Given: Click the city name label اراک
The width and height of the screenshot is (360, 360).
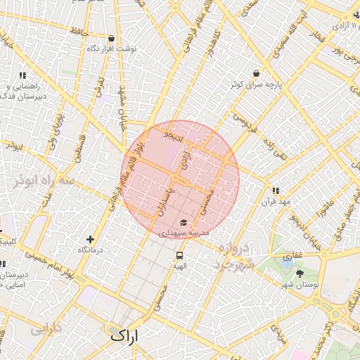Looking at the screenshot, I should (125, 336).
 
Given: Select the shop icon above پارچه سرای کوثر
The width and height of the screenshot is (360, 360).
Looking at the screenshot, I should (255, 73).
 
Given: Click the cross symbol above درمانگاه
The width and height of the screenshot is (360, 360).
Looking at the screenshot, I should (90, 239).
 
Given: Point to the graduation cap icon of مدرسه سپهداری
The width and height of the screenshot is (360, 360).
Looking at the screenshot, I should (184, 221).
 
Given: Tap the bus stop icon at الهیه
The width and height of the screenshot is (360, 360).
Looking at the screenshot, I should (180, 256).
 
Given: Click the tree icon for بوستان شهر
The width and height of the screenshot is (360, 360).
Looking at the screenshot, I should (300, 274).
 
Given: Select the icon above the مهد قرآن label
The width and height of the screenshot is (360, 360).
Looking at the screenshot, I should (276, 191).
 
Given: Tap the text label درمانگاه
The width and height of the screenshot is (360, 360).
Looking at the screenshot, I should (90, 250).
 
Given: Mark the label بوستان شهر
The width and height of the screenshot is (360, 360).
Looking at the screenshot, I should (301, 285).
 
